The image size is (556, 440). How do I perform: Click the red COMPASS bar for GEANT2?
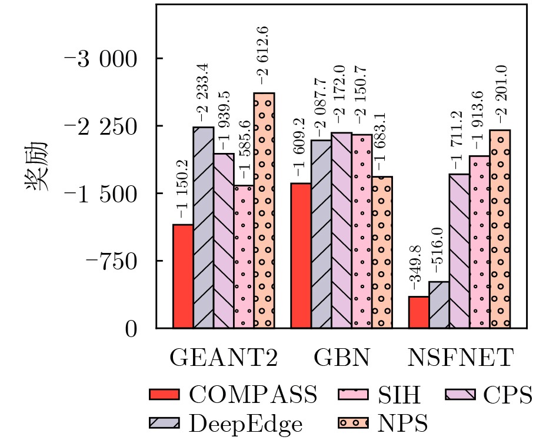tap(183, 276)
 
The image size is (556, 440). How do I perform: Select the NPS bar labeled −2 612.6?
tap(264, 211)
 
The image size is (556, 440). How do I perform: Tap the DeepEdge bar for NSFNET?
tap(439, 305)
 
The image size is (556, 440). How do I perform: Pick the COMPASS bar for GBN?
tap(301, 256)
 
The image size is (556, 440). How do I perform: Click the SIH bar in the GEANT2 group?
tap(244, 256)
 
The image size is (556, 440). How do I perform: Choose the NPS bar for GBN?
tap(382, 252)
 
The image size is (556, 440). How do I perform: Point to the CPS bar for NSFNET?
tap(460, 251)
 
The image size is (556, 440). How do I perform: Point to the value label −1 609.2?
tap(300, 147)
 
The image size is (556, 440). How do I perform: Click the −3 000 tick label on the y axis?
tap(101, 59)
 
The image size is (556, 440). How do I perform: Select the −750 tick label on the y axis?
tap(111, 262)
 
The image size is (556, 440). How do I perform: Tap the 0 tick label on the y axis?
tap(131, 329)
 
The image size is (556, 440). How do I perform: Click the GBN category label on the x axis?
tap(342, 358)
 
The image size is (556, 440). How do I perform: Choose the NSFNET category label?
tap(461, 358)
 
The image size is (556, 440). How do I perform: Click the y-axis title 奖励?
tap(36, 166)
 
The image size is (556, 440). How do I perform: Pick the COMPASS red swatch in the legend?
tap(164, 394)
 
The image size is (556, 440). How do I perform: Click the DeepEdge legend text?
tap(246, 424)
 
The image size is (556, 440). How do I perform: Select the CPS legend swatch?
tap(460, 394)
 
